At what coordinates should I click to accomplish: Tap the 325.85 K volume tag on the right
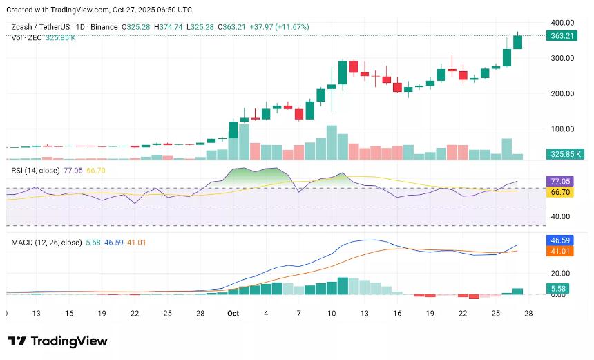[x=564, y=153]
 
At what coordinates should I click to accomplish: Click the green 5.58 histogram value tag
[x=557, y=287]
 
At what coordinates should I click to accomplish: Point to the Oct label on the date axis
[x=233, y=314]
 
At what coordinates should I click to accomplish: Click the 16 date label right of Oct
[x=396, y=314]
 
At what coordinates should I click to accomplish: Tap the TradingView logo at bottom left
[x=57, y=341]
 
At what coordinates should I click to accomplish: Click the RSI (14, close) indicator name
[x=35, y=169]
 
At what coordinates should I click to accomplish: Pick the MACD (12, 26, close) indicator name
[x=46, y=243]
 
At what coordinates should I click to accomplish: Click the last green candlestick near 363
[x=517, y=41]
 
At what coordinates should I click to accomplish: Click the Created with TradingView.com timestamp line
[x=99, y=10]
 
